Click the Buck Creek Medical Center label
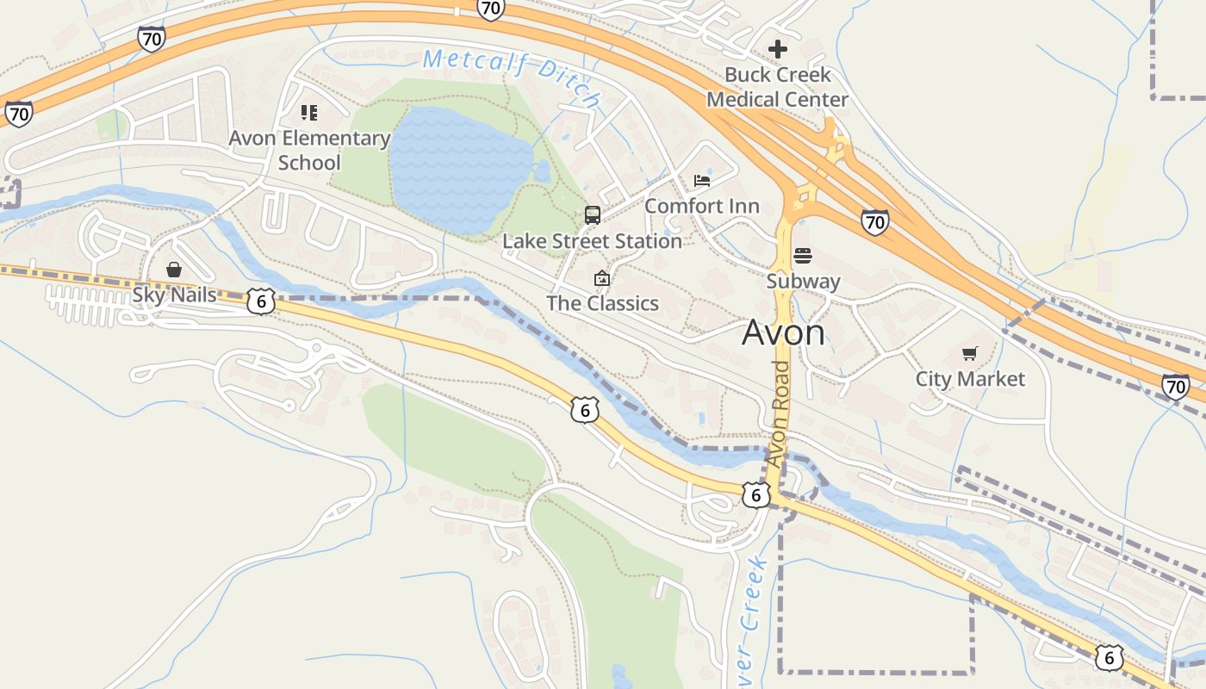tap(777, 87)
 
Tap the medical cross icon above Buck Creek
tap(777, 49)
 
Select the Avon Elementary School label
tap(309, 150)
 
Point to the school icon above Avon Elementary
tap(309, 113)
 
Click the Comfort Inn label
tap(702, 206)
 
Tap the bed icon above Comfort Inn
tap(702, 180)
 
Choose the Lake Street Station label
tap(593, 241)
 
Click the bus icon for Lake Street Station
tap(593, 215)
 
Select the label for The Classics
tap(602, 303)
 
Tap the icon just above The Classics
tap(602, 278)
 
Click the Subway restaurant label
tap(803, 281)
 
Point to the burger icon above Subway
tap(803, 255)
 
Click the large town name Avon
tap(783, 332)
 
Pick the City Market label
tap(970, 379)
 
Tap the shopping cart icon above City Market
tap(970, 353)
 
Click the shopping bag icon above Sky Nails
tap(174, 270)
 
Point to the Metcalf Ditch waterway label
tap(512, 77)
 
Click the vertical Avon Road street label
tap(778, 414)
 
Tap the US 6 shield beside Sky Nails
tap(261, 301)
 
